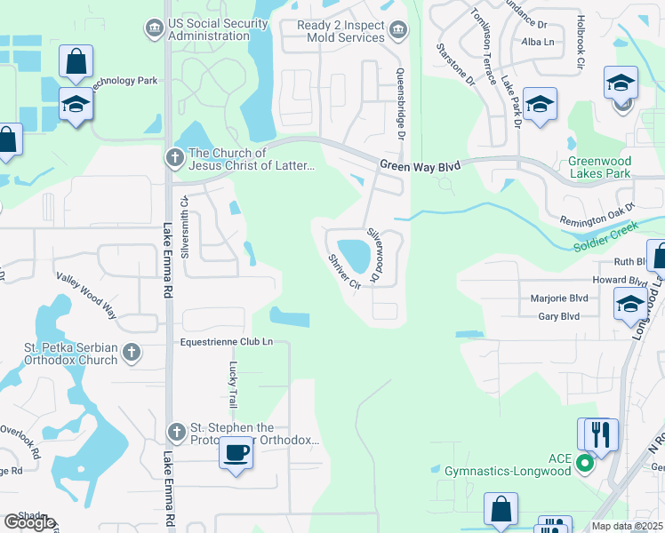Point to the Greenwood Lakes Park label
[x=599, y=168]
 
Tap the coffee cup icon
[x=236, y=452]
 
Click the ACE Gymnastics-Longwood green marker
[x=584, y=463]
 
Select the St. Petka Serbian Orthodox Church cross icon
[x=131, y=353]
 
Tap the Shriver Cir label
[x=343, y=271]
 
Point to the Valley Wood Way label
[x=86, y=297]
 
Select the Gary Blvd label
[x=558, y=316]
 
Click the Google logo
[x=29, y=522]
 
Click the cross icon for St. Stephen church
[x=175, y=434]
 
